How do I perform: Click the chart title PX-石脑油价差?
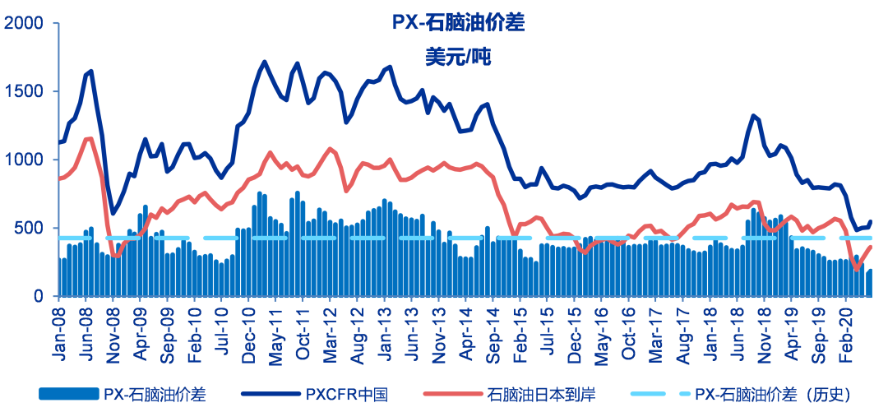[457, 23]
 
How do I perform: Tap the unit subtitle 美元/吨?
[457, 58]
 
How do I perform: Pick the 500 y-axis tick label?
[30, 228]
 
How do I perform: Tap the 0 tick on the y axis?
[41, 296]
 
